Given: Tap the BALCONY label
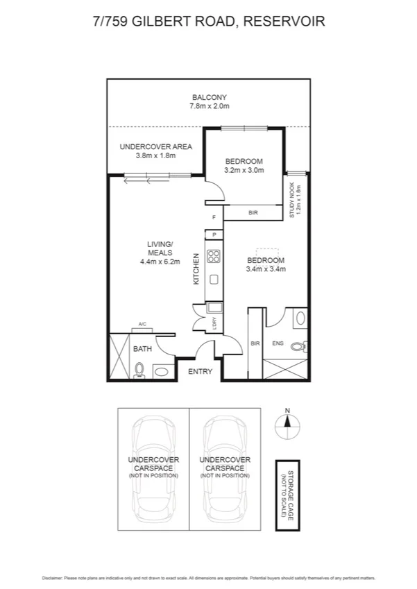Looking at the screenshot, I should pyautogui.click(x=209, y=97).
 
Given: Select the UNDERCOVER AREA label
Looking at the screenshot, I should pyautogui.click(x=155, y=147).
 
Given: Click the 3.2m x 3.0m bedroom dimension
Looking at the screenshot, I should pyautogui.click(x=244, y=170).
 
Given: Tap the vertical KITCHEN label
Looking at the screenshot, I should pyautogui.click(x=196, y=268).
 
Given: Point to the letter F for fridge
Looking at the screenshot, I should pyautogui.click(x=214, y=219).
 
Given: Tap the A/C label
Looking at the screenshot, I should pyautogui.click(x=142, y=324).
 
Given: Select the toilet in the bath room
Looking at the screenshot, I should pyautogui.click(x=138, y=370).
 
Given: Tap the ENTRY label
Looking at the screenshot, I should pyautogui.click(x=201, y=372).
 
